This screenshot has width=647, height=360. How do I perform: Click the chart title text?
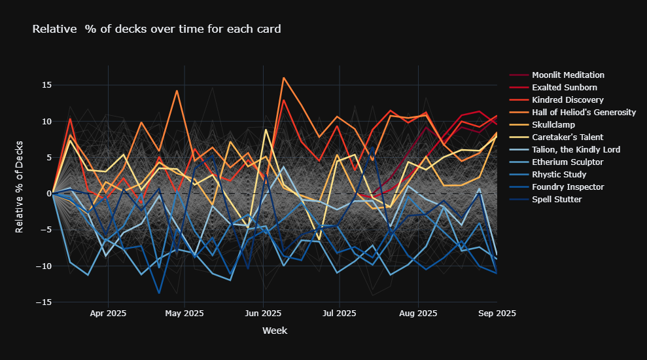coord(156,29)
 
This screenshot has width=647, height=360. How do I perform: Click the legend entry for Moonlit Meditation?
coord(568,75)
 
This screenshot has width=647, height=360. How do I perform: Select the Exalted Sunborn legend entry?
coord(564,88)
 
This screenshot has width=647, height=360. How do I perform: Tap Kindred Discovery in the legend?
coord(567,100)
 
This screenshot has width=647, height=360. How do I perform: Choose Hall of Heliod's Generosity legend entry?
coord(584,113)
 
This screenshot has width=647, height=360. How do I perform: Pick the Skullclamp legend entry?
coord(557,125)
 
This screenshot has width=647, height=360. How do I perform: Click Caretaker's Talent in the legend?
coord(568,137)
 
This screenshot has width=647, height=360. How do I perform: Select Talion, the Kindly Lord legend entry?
coord(575,150)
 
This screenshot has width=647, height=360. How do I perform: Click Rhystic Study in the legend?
coord(559,175)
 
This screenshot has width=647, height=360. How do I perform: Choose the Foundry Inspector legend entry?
coord(567,187)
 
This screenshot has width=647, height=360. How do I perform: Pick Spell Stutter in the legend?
coord(557,200)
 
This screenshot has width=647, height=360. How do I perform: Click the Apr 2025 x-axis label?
coord(108,314)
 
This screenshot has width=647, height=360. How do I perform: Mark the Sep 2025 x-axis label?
coord(497,314)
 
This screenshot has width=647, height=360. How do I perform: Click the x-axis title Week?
coord(274,331)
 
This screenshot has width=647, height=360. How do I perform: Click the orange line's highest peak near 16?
coord(283,78)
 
